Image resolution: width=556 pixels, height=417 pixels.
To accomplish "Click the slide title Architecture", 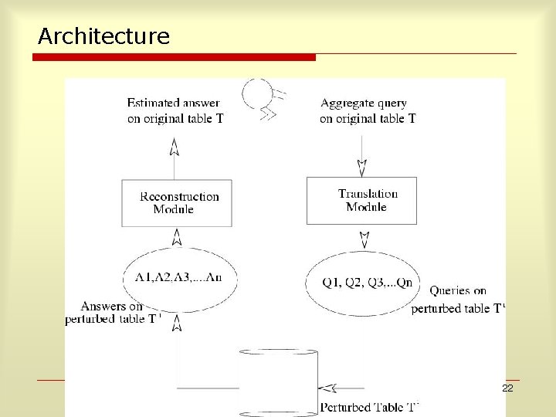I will (103, 36).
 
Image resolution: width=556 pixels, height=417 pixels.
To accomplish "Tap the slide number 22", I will (507, 388).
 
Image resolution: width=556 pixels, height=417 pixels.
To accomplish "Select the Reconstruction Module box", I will (177, 203).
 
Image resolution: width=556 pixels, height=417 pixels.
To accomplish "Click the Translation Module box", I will (361, 201).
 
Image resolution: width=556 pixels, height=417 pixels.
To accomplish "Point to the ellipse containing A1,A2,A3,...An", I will (178, 276).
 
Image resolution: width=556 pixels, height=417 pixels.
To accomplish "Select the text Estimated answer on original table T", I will (175, 110).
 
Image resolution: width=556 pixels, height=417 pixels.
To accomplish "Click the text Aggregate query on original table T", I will (368, 110).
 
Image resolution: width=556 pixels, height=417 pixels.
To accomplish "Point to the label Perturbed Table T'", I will (369, 407).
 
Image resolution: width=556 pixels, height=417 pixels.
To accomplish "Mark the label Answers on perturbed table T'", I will (113, 313).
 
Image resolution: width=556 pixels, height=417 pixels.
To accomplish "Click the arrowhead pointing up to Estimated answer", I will (175, 145).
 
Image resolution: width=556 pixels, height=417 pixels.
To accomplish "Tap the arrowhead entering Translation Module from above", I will (361, 168).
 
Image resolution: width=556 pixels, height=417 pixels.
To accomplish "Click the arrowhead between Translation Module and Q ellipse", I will (368, 236).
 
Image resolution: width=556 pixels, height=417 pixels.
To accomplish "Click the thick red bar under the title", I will (177, 57).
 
